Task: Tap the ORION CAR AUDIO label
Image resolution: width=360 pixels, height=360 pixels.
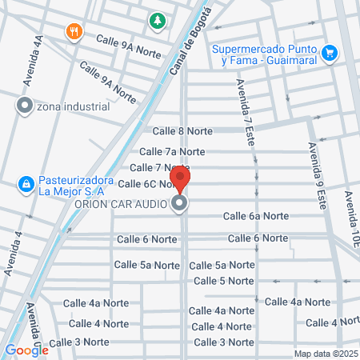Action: [x=119, y=204]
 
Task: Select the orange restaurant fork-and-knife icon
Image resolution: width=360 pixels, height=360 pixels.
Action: [x=74, y=32]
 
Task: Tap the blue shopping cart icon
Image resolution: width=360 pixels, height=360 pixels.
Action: [x=329, y=54]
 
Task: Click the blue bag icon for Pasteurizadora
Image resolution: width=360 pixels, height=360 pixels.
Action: [x=26, y=185]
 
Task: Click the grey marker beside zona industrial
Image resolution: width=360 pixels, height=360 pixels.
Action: [x=24, y=106]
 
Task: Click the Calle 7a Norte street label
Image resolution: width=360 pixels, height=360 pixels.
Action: [x=172, y=151]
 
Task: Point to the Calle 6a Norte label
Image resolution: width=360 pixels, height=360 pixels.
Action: [x=256, y=216]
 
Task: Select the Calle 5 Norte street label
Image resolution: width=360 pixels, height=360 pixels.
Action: [x=224, y=281]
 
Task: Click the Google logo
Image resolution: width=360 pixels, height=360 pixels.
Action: [x=26, y=350]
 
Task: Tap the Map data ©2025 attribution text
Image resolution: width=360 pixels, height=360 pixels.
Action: [x=325, y=354]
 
